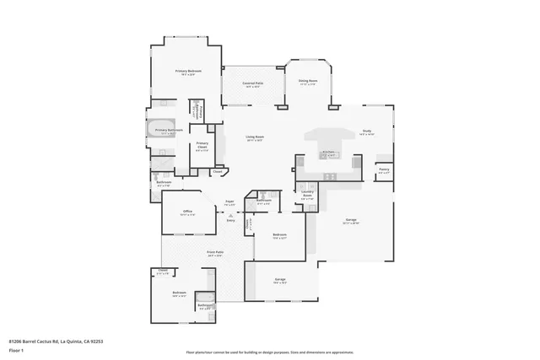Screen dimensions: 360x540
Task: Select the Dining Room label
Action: (307, 81)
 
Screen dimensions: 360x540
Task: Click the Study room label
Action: (367, 131)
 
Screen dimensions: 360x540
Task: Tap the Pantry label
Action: (384, 169)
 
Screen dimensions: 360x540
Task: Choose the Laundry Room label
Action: (308, 194)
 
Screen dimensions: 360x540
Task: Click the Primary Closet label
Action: (202, 145)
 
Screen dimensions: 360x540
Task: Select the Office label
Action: (187, 211)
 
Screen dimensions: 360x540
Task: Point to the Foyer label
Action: (229, 202)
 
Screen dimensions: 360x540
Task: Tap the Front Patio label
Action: (215, 252)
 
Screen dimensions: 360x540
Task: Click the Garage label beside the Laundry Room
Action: (351, 220)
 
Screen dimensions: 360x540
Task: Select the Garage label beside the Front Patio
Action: (279, 279)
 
